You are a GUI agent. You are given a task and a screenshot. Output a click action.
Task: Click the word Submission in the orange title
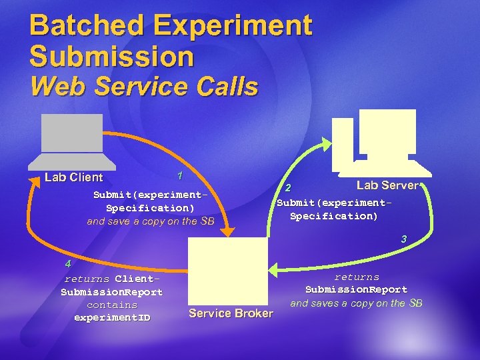111,56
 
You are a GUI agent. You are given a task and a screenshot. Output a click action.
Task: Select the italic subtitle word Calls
225,87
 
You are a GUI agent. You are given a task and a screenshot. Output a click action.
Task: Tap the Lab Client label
73,177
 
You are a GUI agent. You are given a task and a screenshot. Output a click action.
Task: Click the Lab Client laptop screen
72,133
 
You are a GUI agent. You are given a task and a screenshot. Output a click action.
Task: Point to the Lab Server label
387,185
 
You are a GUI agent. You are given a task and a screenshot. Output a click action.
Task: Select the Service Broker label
231,313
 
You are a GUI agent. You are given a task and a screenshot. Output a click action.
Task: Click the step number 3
403,239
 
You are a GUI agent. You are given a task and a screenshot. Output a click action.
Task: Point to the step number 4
67,263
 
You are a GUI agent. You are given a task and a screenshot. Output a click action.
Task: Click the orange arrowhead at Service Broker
226,231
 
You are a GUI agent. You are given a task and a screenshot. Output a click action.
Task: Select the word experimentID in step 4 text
112,317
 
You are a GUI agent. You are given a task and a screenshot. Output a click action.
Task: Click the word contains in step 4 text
112,305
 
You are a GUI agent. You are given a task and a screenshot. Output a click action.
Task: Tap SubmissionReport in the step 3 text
356,289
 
